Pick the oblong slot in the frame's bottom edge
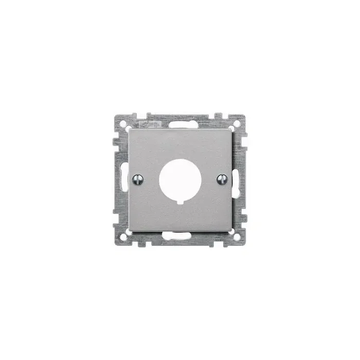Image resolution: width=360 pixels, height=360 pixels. [180, 236]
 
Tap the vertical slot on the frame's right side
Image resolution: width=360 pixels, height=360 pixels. [237, 180]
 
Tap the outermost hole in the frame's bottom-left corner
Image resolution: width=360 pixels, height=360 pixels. [123, 238]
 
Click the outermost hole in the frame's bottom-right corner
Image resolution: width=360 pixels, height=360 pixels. [237, 238]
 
